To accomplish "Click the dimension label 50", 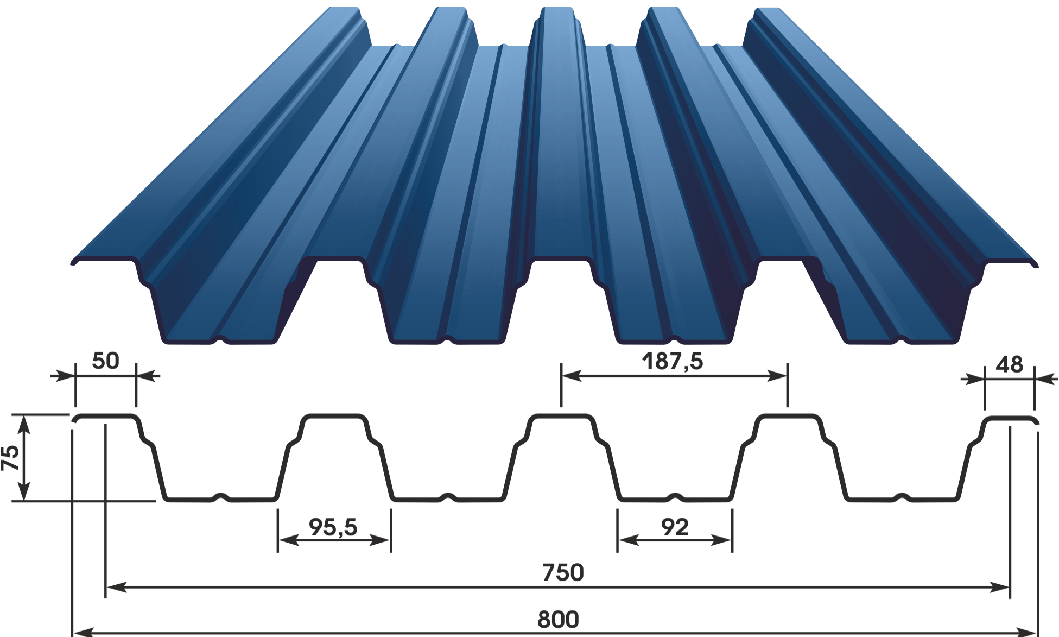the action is (105, 361).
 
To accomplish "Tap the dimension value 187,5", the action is (672, 361).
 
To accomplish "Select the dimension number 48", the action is (1009, 365).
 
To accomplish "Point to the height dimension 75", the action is (11, 457).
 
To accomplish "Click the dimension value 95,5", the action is (333, 527).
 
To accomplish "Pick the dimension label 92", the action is (675, 527).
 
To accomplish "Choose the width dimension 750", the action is (563, 573).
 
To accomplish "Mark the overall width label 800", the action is (558, 620).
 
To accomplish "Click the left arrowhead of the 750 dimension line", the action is (115, 587).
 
